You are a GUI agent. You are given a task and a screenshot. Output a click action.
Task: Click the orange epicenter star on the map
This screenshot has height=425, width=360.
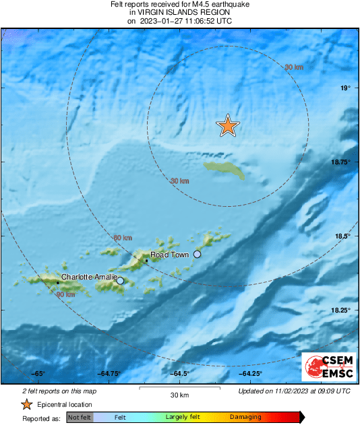point(228,125)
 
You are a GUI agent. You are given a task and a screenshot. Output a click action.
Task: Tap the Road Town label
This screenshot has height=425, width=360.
point(169,255)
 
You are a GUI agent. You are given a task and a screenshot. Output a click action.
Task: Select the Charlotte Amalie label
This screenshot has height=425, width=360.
point(89,277)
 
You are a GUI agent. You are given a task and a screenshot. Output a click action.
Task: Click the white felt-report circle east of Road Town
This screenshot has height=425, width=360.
point(198,254)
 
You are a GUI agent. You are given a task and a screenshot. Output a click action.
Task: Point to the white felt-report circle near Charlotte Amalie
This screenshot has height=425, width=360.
point(121,281)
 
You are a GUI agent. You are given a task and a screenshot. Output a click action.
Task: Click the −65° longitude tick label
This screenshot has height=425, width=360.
point(37,374)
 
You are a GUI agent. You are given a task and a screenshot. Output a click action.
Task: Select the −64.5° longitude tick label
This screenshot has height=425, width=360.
point(179,374)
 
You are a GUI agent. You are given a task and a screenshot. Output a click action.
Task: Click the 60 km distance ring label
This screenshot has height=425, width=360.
point(122,238)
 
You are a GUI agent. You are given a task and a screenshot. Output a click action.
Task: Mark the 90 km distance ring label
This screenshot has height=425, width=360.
point(65,295)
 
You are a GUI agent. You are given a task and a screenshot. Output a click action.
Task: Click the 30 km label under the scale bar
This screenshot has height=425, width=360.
point(179,394)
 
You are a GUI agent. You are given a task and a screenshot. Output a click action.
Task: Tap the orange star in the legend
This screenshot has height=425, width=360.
point(26,404)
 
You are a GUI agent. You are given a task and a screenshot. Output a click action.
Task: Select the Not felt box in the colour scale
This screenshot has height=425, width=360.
point(79,418)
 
